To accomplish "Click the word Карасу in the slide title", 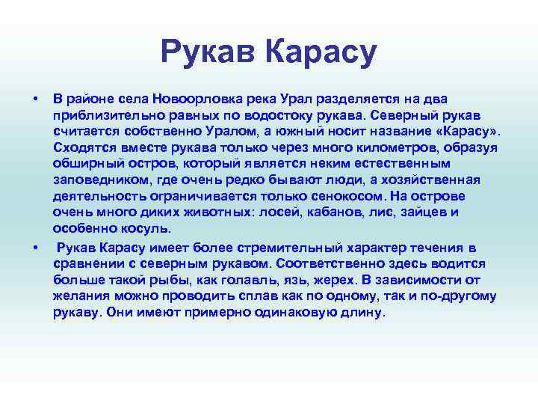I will click(x=322, y=52).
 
